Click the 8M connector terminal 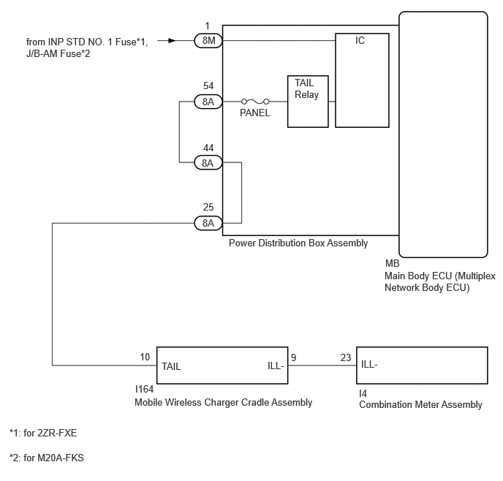pyautogui.click(x=208, y=41)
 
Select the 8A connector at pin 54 pyautogui.click(x=208, y=102)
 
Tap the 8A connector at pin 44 pyautogui.click(x=208, y=162)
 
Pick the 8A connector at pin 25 pyautogui.click(x=208, y=223)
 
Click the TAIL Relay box pyautogui.click(x=308, y=101)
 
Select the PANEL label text pyautogui.click(x=254, y=113)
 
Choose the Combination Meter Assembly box pyautogui.click(x=423, y=366)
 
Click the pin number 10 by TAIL pyautogui.click(x=145, y=357)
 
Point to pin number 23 pyautogui.click(x=346, y=357)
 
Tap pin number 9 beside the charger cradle pyautogui.click(x=293, y=357)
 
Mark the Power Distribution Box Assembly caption pyautogui.click(x=298, y=243)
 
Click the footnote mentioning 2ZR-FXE pyautogui.click(x=43, y=433)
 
